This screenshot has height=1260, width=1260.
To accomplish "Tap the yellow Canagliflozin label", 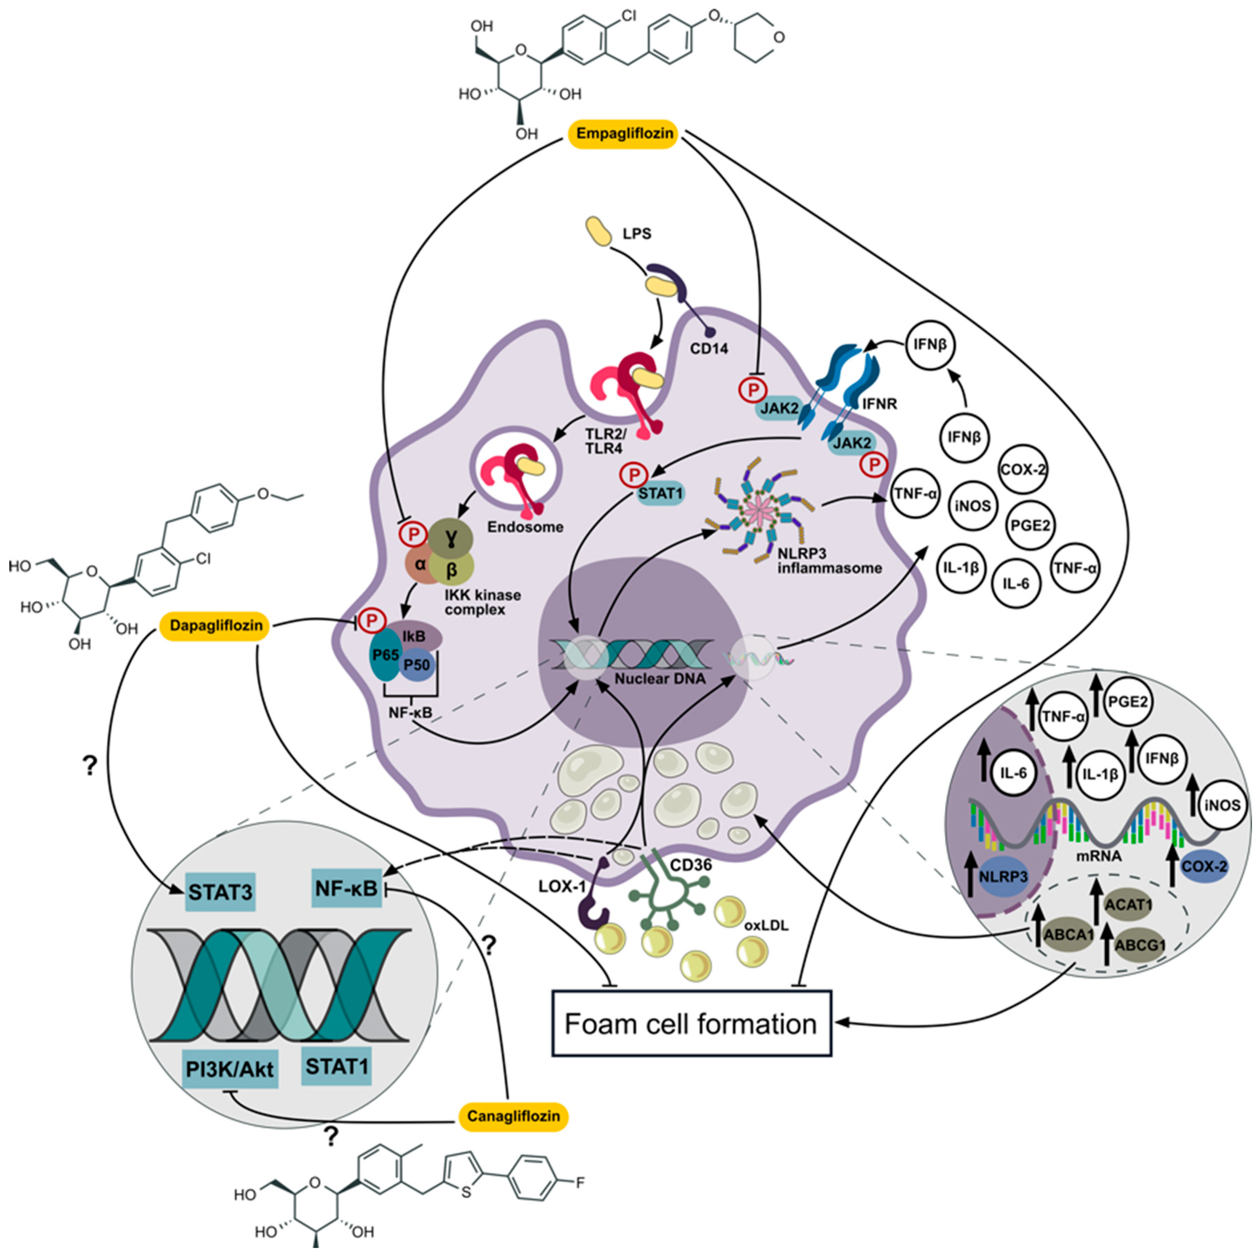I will (513, 1116).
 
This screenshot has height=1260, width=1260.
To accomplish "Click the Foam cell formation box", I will (691, 1024).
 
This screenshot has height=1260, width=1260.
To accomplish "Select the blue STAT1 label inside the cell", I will (660, 494).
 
